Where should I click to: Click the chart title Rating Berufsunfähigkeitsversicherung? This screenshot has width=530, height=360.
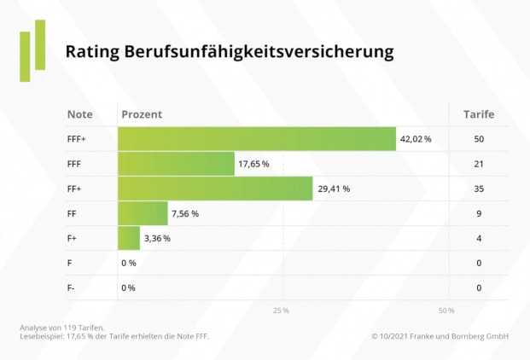tap(230, 52)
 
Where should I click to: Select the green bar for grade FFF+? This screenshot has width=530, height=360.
tap(257, 138)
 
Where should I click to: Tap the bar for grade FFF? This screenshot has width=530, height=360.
tap(176, 164)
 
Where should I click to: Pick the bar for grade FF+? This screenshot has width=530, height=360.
tap(215, 189)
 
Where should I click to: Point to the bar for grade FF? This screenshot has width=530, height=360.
tap(143, 213)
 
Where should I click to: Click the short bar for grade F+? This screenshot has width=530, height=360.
tap(129, 238)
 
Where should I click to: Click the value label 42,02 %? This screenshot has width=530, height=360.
tap(416, 138)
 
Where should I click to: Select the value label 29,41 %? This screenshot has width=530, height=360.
tap(334, 189)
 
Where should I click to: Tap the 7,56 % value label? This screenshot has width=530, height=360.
tap(184, 213)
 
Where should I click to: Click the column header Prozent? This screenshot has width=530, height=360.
tap(142, 114)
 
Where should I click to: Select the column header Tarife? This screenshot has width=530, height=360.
tap(478, 114)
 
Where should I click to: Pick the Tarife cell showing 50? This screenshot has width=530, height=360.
tap(479, 138)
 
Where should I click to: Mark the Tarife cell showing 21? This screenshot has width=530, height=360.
tap(479, 164)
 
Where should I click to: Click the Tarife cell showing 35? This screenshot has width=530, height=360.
tap(479, 189)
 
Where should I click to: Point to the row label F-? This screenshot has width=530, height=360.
tap(71, 287)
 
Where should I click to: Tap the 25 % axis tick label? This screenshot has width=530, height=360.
tap(281, 310)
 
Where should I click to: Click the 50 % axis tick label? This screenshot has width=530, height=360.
tap(446, 310)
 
